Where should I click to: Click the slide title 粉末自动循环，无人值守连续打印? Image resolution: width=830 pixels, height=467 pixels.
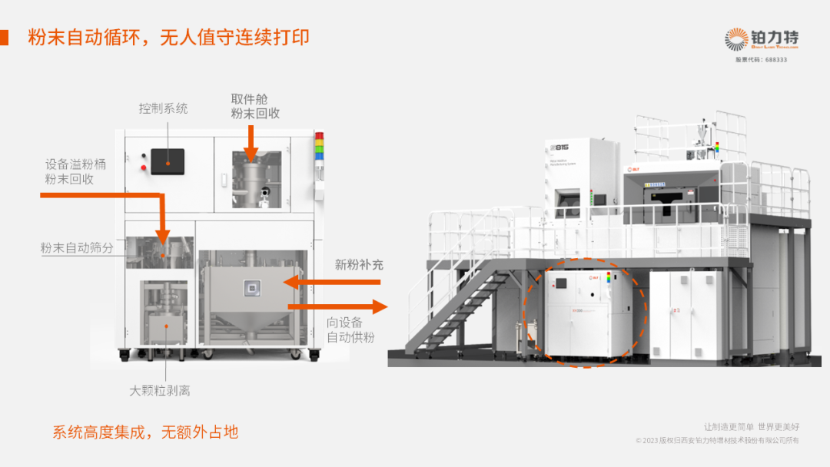click(169, 37)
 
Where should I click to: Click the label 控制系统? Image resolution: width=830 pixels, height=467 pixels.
click(163, 108)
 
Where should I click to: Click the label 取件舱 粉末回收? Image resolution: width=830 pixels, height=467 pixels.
click(255, 106)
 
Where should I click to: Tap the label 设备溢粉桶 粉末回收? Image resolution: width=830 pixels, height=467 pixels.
click(69, 171)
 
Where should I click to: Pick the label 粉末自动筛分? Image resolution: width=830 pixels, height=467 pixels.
click(77, 248)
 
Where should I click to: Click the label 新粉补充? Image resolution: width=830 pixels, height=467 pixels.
click(359, 265)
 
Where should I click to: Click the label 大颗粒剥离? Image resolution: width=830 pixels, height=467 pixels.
click(160, 390)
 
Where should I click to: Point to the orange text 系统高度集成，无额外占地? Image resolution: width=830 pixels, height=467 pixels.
click(145, 432)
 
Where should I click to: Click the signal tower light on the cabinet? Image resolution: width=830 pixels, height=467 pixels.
click(319, 147)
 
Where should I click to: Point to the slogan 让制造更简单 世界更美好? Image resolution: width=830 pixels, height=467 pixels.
click(752, 426)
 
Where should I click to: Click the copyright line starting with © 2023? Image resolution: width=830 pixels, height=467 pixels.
click(717, 440)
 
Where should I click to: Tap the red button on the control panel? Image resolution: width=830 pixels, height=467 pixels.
click(144, 167)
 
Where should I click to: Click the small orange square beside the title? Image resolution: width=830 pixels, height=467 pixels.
click(5, 37)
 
